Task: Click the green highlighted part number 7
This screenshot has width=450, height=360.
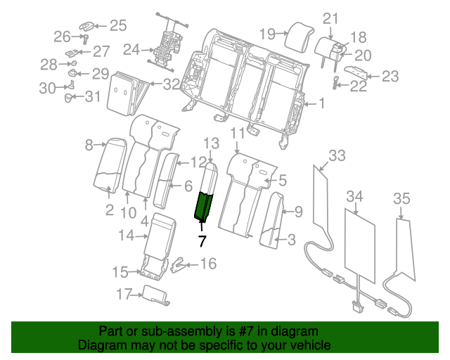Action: [x=205, y=205]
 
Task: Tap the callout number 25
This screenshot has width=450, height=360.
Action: [x=117, y=26]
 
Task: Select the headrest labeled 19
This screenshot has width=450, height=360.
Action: [x=298, y=34]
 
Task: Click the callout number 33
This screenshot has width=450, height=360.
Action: [x=337, y=155]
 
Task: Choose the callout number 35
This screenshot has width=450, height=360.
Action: [x=401, y=199]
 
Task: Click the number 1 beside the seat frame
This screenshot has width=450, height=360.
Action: [x=321, y=105]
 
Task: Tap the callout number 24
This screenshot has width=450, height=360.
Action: [x=131, y=50]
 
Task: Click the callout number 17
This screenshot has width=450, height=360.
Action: [x=124, y=295]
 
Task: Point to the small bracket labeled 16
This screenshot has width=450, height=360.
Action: [x=180, y=265]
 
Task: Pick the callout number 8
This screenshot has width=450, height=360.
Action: [x=89, y=146]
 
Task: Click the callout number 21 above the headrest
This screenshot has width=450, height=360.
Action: [x=330, y=18]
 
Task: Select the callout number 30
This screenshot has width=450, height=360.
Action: [x=47, y=87]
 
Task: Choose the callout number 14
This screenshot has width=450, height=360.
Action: [x=126, y=236]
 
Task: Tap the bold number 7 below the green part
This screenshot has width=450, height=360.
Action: [x=202, y=241]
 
